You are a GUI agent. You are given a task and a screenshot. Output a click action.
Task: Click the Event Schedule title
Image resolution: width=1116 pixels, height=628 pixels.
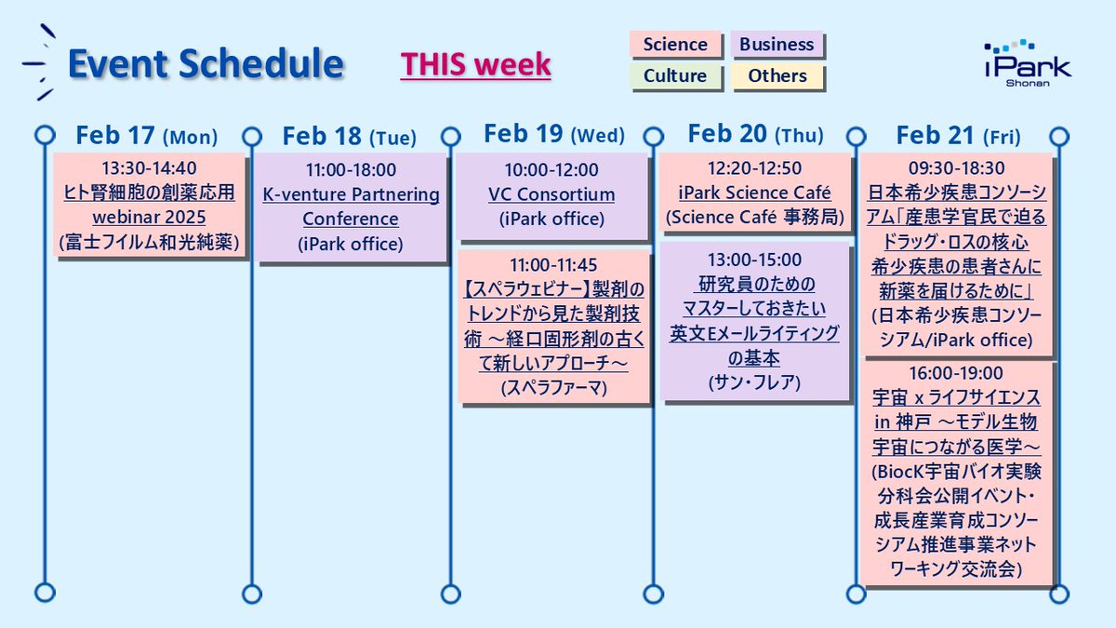(x=206, y=64)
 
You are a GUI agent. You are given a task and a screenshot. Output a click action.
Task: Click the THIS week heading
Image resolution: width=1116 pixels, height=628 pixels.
(x=475, y=64)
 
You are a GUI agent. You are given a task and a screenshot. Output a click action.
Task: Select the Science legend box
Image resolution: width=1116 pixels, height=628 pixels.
(x=675, y=45)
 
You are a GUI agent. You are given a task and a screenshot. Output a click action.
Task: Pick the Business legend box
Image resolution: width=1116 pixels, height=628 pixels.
(x=777, y=45)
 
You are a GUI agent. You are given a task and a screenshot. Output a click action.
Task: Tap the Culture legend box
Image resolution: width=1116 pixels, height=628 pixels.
(x=675, y=75)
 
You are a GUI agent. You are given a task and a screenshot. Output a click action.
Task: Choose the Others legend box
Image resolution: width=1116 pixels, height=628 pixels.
(x=777, y=75)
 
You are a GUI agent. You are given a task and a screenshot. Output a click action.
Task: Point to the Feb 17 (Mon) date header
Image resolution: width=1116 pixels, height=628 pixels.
(x=147, y=137)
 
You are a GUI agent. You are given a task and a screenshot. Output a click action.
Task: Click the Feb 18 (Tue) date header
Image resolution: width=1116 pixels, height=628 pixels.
(x=349, y=137)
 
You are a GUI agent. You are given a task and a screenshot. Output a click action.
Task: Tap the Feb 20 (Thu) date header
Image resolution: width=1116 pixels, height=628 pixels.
(x=755, y=135)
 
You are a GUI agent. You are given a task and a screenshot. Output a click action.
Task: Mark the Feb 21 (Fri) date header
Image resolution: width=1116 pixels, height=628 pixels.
(x=958, y=136)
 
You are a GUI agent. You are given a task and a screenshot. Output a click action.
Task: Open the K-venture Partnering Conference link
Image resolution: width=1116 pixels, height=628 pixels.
(x=351, y=207)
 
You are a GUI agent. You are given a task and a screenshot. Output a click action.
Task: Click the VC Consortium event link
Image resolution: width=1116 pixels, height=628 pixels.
(x=551, y=194)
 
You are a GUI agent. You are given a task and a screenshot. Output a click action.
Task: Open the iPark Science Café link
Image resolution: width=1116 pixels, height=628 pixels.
(x=754, y=194)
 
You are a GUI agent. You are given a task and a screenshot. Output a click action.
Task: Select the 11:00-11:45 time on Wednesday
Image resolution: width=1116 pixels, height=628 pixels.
(x=551, y=264)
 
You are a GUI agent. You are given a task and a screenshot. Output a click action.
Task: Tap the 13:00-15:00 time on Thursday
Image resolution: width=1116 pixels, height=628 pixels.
(x=754, y=260)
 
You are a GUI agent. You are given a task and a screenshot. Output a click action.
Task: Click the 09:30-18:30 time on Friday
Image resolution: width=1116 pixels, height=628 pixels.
(x=957, y=169)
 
